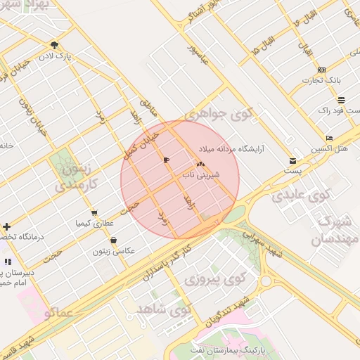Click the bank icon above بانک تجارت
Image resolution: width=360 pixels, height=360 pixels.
pyautogui.click(x=321, y=69)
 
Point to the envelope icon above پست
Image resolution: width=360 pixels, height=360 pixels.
pyautogui.click(x=292, y=160)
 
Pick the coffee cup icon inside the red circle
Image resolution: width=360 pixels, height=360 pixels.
pyautogui.click(x=166, y=160)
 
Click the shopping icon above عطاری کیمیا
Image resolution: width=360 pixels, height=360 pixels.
pyautogui.click(x=94, y=213)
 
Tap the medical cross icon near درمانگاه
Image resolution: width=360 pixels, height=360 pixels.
pyautogui.click(x=6, y=226)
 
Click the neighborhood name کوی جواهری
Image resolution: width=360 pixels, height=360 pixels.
pyautogui.click(x=219, y=112)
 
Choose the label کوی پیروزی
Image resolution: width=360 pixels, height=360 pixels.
pyautogui.click(x=213, y=280)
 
